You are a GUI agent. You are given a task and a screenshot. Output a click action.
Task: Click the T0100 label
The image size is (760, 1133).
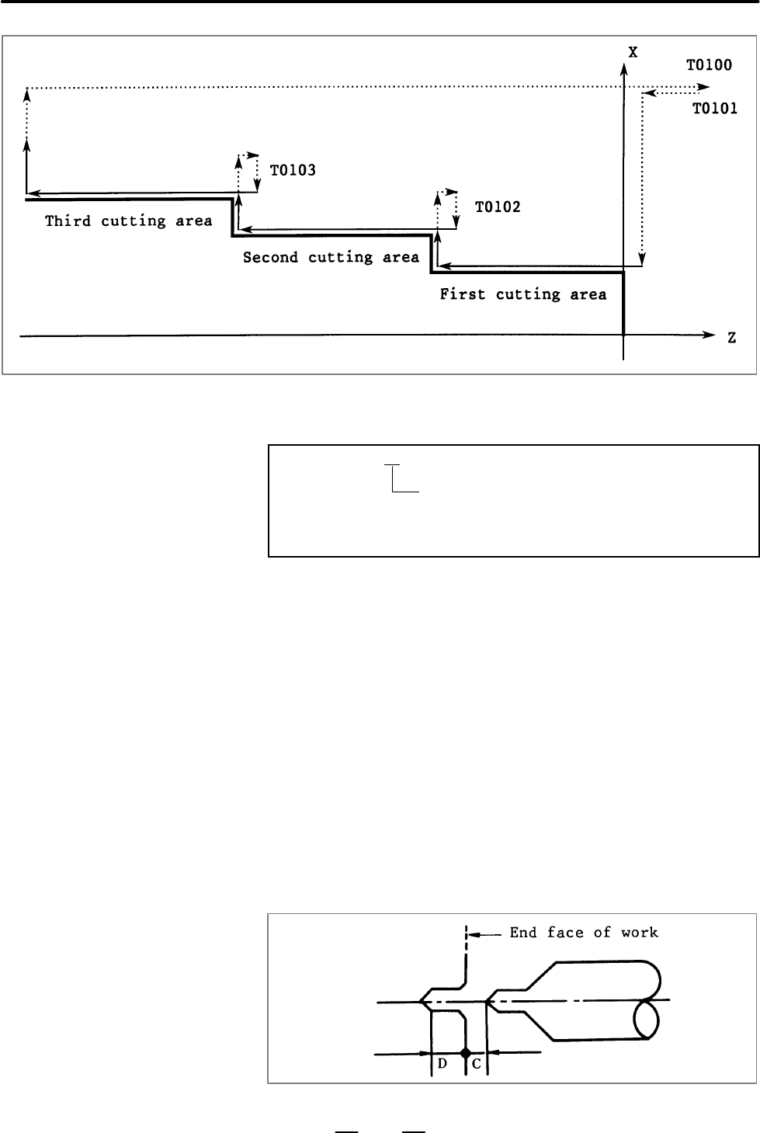click(x=709, y=65)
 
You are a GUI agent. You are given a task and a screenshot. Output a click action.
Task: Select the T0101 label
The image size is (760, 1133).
click(x=714, y=109)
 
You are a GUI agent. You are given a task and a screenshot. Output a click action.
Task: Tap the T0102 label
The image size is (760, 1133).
click(x=498, y=207)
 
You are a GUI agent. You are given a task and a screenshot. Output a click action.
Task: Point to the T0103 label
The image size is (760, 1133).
click(x=293, y=170)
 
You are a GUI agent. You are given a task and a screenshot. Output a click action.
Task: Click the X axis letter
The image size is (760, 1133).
click(x=633, y=52)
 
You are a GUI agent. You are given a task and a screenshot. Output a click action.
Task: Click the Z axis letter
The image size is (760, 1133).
click(x=732, y=338)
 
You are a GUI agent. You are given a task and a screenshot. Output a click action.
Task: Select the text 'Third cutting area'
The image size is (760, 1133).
click(x=128, y=221)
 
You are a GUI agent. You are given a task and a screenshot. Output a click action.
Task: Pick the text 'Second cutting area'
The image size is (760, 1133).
click(x=331, y=258)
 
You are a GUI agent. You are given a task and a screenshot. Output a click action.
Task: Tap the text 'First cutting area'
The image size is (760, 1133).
click(x=523, y=294)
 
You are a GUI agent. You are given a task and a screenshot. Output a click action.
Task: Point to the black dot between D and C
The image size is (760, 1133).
click(x=466, y=1052)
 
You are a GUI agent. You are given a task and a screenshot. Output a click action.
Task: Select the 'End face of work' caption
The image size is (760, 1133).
click(x=584, y=932)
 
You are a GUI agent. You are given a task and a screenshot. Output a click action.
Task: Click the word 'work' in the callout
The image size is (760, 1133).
click(x=640, y=932)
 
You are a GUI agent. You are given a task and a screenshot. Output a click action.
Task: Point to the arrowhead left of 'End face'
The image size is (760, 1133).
click(x=474, y=935)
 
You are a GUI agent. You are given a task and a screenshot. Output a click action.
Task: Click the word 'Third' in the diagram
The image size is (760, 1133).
click(x=68, y=221)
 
